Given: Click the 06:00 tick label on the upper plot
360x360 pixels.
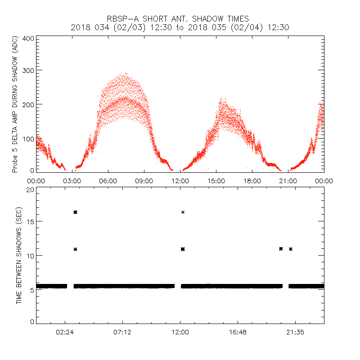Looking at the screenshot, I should click(108, 180).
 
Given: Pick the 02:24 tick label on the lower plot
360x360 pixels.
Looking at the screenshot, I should click(65, 333).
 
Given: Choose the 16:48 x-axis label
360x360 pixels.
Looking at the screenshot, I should click(238, 333).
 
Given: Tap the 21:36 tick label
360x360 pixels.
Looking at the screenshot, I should click(295, 333).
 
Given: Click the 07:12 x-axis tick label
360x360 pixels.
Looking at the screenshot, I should click(122, 333).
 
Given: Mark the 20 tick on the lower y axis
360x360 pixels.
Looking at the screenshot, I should click(30, 189).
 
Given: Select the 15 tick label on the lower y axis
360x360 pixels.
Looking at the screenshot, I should click(30, 221).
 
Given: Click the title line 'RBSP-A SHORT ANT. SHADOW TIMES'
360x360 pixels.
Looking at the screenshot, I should click(178, 18).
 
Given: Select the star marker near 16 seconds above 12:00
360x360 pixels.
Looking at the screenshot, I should click(183, 212).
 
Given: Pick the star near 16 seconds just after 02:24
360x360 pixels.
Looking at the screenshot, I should click(75, 212).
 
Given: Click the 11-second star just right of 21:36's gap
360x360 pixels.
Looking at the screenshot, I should click(291, 249).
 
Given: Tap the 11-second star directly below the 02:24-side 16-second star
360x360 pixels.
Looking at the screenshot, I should click(75, 249).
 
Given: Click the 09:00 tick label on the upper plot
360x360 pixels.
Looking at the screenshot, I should click(144, 180).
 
